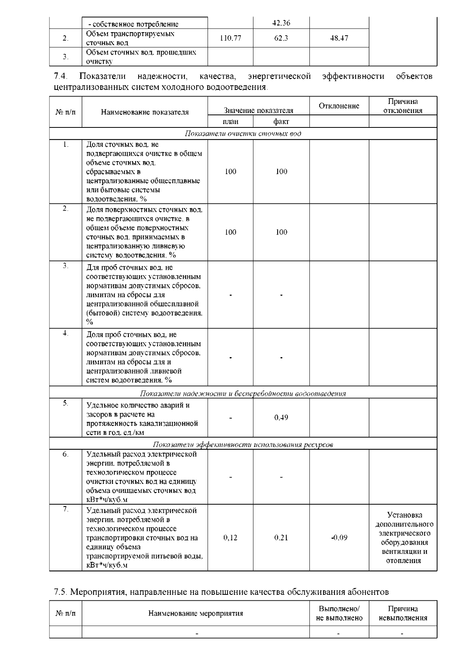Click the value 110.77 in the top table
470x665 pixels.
pos(230,38)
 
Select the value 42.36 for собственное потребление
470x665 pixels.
pos(281,23)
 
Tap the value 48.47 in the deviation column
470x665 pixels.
pos(339,38)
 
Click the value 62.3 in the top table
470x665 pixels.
pos(281,38)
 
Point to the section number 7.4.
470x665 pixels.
pos(60,76)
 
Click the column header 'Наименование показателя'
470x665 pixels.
pos(145,112)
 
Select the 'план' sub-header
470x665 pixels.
pos(230,122)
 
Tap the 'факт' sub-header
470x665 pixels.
pos(281,122)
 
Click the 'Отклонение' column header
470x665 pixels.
pos(339,106)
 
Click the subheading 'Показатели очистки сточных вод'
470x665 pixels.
pos(243,134)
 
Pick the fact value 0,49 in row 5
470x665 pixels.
pos(281,418)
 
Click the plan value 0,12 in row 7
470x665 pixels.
pos(230,538)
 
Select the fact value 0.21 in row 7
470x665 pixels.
pos(281,538)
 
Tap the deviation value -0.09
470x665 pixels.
pos(339,538)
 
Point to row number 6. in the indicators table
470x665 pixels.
pos(65,454)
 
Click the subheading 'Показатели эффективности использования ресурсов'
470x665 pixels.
pos(243,445)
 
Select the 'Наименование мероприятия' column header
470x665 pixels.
pos(195,613)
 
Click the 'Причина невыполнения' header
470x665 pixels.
pos(403,613)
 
